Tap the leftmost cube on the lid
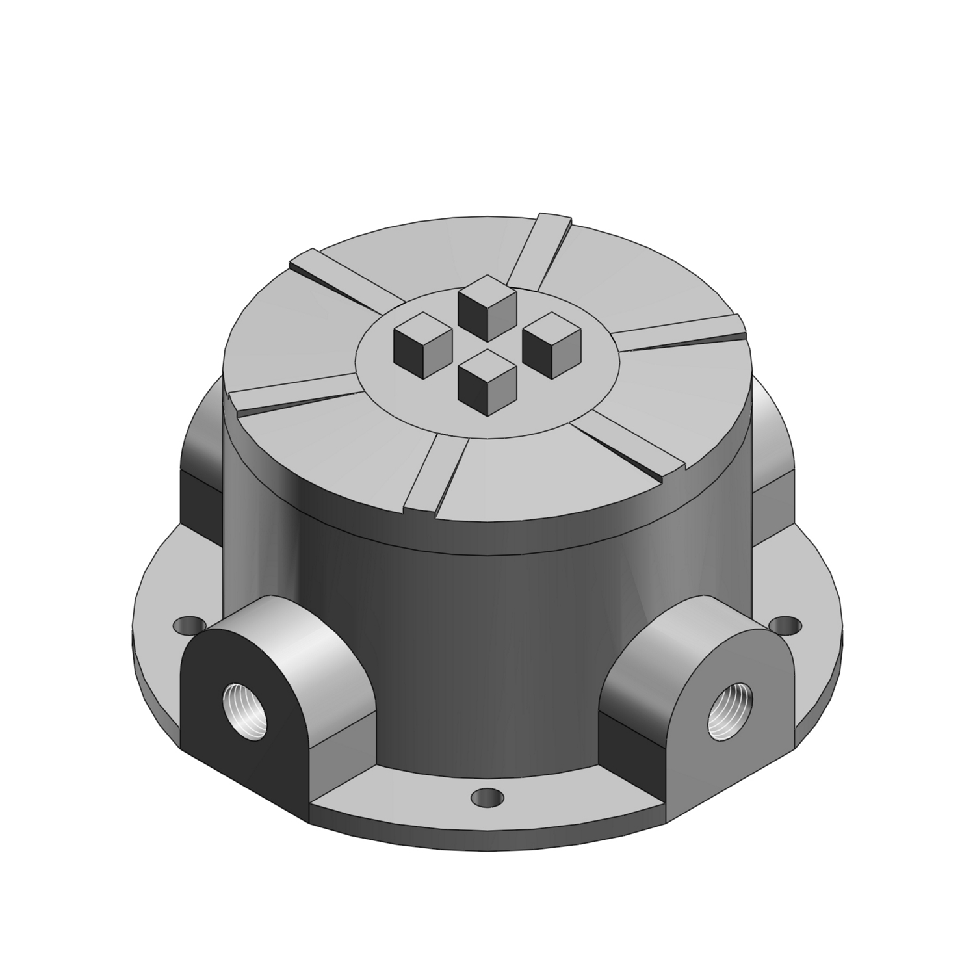coord(423,339)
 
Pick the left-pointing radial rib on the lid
coord(292,393)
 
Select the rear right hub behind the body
coord(773,455)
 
